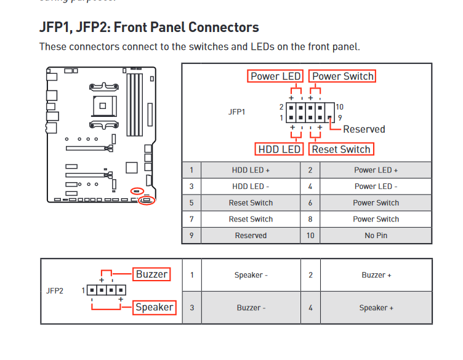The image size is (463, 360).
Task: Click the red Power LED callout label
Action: pos(276,76)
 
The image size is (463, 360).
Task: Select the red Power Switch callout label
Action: pos(343,76)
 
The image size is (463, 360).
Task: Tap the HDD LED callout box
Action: pos(280,149)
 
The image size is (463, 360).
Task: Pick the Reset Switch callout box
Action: pos(342,149)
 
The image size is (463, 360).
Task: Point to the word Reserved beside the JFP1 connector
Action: pos(364,129)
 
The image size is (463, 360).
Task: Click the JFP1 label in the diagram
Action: pos(236,112)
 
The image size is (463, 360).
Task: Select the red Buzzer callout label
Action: pos(152,274)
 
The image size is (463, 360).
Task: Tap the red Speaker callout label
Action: pos(155,307)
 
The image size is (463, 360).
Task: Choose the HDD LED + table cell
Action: pos(251,170)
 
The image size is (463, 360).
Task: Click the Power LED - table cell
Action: pos(376,186)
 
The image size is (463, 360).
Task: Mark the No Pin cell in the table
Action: pos(376,235)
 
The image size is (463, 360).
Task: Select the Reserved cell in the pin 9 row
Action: pos(251,235)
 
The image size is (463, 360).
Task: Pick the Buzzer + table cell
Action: pos(376,275)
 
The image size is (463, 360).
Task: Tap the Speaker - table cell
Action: pos(251,275)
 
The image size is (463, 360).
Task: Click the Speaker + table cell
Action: pos(376,308)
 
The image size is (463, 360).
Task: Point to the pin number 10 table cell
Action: pos(310,235)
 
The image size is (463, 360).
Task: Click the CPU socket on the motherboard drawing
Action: pos(103,105)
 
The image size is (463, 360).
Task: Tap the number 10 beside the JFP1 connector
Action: pos(339,107)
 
